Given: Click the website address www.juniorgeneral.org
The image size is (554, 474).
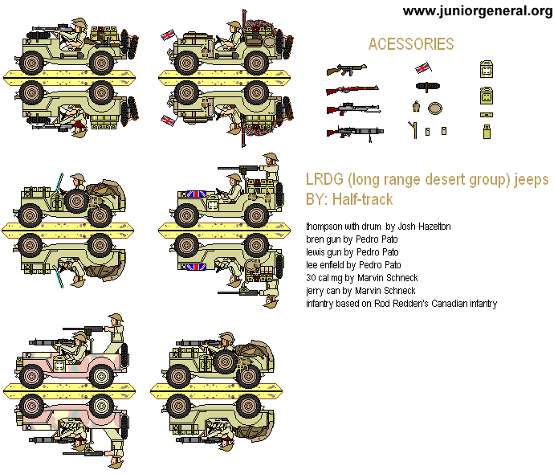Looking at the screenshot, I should [477, 10].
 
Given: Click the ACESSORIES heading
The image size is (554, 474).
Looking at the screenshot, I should [410, 45].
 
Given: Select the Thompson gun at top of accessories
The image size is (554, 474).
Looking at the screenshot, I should [346, 70].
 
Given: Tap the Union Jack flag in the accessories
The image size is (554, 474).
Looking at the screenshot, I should [423, 67].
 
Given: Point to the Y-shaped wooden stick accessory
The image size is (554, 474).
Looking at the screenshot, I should [413, 129].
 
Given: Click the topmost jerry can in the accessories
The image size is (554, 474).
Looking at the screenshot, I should [486, 70].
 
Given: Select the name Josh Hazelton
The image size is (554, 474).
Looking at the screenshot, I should [423, 227].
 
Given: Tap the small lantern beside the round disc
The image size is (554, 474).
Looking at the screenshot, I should [416, 107].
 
